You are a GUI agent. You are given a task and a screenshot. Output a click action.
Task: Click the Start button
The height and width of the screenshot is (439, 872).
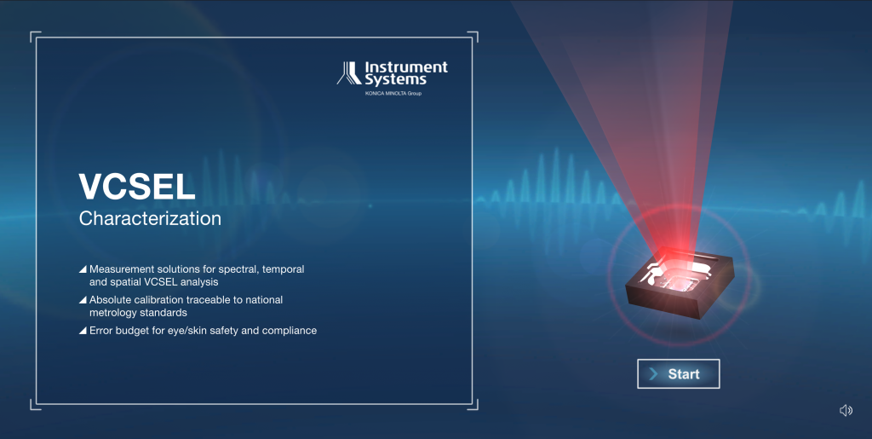[678, 374]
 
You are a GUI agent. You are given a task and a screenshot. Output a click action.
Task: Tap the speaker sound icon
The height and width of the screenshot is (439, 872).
[846, 410]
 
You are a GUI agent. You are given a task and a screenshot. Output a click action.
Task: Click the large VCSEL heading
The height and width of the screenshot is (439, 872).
[137, 187]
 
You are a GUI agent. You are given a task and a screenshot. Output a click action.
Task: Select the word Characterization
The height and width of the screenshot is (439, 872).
[150, 218]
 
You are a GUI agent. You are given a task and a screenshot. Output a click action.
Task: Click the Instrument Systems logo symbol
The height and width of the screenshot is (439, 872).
[349, 73]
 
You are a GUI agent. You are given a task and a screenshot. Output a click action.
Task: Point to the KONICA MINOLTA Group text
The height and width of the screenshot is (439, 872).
[393, 94]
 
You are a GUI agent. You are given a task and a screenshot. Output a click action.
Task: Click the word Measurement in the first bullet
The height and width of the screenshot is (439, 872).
[122, 269]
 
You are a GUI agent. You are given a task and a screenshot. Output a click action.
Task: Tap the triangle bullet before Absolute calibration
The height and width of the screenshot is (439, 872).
[83, 300]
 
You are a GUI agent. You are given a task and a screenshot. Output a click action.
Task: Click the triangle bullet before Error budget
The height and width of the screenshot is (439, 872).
[83, 331]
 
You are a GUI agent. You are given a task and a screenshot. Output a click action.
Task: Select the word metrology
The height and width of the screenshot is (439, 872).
[112, 313]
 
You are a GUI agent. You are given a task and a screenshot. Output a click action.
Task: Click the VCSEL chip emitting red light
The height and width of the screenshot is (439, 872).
[680, 284]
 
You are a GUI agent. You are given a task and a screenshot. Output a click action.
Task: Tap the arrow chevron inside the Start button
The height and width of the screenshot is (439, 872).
[654, 374]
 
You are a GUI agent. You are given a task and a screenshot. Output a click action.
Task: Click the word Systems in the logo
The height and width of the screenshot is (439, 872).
[395, 80]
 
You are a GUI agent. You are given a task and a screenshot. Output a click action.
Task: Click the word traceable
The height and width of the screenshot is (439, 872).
[209, 300]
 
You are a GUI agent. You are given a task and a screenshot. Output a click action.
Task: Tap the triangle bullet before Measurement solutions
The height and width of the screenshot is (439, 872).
[83, 269]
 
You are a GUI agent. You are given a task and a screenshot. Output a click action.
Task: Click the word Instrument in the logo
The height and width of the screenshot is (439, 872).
[406, 67]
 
